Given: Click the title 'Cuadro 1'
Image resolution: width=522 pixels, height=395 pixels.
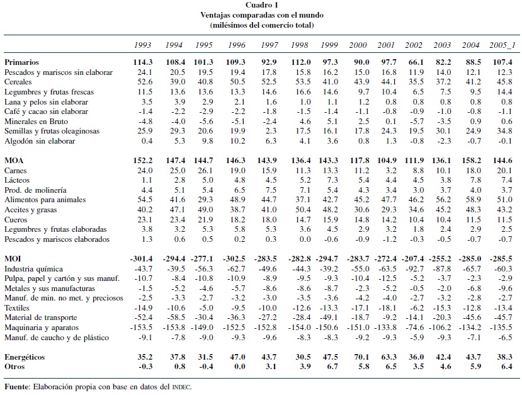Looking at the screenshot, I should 261,5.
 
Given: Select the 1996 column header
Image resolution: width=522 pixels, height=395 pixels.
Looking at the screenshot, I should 236,45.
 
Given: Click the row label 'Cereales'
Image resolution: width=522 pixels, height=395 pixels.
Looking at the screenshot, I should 18,83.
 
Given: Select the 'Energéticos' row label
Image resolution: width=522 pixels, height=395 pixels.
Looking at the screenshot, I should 25,357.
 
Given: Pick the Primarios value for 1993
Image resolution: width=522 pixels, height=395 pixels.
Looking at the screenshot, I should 144,62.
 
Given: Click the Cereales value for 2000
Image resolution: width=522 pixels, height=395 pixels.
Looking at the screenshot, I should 358,83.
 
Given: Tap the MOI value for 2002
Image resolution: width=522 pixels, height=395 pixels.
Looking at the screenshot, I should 412,260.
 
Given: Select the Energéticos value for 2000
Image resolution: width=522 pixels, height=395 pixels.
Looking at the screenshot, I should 358,357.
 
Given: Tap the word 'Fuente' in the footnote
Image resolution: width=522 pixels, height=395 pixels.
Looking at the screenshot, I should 17,386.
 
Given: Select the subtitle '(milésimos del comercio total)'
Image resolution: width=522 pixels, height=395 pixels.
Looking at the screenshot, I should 261,25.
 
